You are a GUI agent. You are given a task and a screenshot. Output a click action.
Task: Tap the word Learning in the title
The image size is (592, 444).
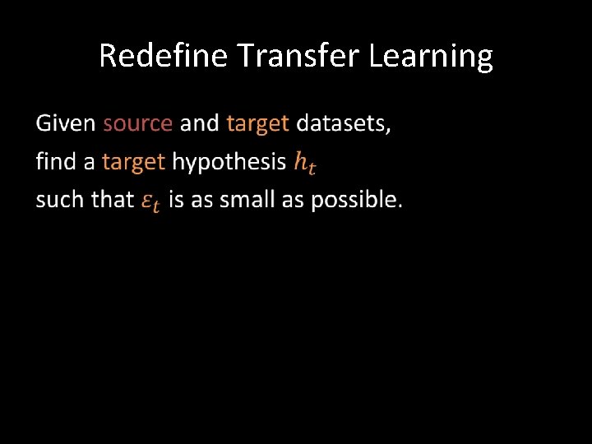click(431, 56)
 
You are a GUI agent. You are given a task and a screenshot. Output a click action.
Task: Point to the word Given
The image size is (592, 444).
click(66, 123)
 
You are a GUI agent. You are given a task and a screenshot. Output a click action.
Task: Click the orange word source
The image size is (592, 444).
click(137, 123)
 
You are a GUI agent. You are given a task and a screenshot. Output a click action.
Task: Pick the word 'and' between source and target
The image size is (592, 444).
click(199, 123)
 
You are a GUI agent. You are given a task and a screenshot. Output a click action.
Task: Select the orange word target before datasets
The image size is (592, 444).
click(257, 123)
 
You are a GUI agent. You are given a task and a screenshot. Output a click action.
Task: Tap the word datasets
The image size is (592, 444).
click(344, 123)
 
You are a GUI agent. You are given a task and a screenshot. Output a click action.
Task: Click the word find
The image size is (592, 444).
click(55, 161)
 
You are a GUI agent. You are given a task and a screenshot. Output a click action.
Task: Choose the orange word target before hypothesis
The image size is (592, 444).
click(133, 161)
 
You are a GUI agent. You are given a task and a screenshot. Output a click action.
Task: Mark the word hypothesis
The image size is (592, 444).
click(229, 162)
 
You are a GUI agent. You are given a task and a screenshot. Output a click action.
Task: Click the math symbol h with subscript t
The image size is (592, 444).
click(304, 163)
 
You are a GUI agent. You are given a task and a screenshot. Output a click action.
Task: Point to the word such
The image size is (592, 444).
click(60, 199)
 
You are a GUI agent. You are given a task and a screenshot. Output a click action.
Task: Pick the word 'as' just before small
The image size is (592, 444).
click(202, 199)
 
